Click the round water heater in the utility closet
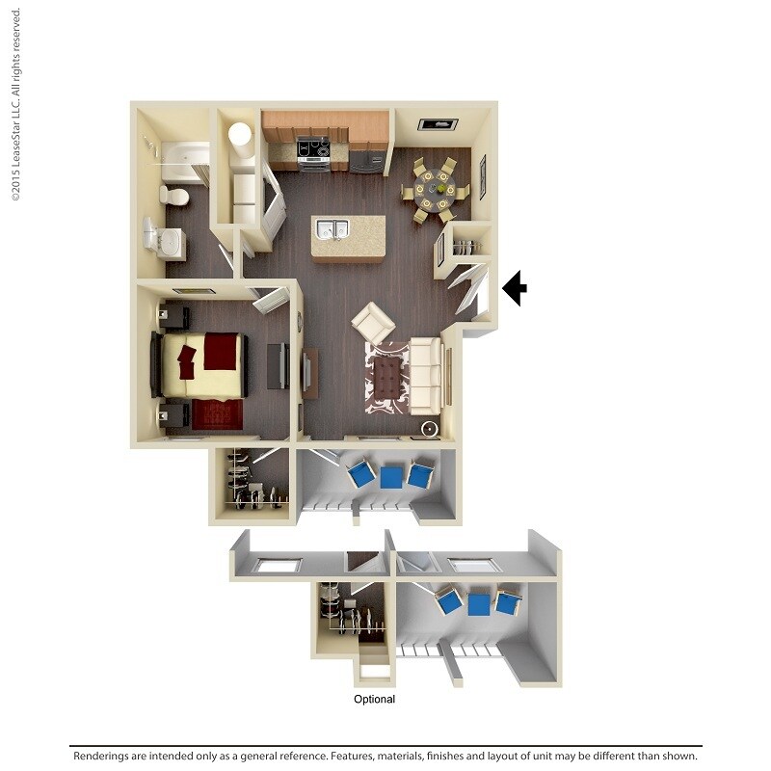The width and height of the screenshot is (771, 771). [x=239, y=135]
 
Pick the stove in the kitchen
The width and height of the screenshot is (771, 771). [x=313, y=151]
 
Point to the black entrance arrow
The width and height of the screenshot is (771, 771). [x=514, y=287]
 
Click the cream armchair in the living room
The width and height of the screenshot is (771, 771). [x=372, y=322]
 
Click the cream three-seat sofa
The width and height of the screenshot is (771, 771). [x=425, y=374]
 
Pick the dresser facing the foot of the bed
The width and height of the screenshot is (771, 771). [x=277, y=365]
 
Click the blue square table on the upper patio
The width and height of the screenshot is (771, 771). [x=391, y=476]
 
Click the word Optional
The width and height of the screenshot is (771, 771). [x=374, y=700]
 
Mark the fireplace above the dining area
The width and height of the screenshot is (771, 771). [x=437, y=123]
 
